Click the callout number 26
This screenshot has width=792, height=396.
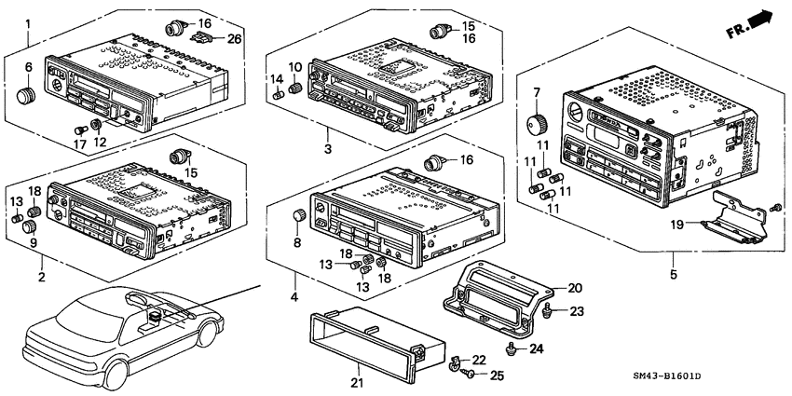(x=234, y=38)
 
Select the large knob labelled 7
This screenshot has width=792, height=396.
(x=537, y=122)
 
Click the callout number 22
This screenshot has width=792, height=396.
(x=479, y=360)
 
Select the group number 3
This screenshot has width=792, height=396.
(x=327, y=149)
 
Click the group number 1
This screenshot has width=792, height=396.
(x=29, y=21)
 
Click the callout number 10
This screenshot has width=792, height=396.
(x=294, y=67)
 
